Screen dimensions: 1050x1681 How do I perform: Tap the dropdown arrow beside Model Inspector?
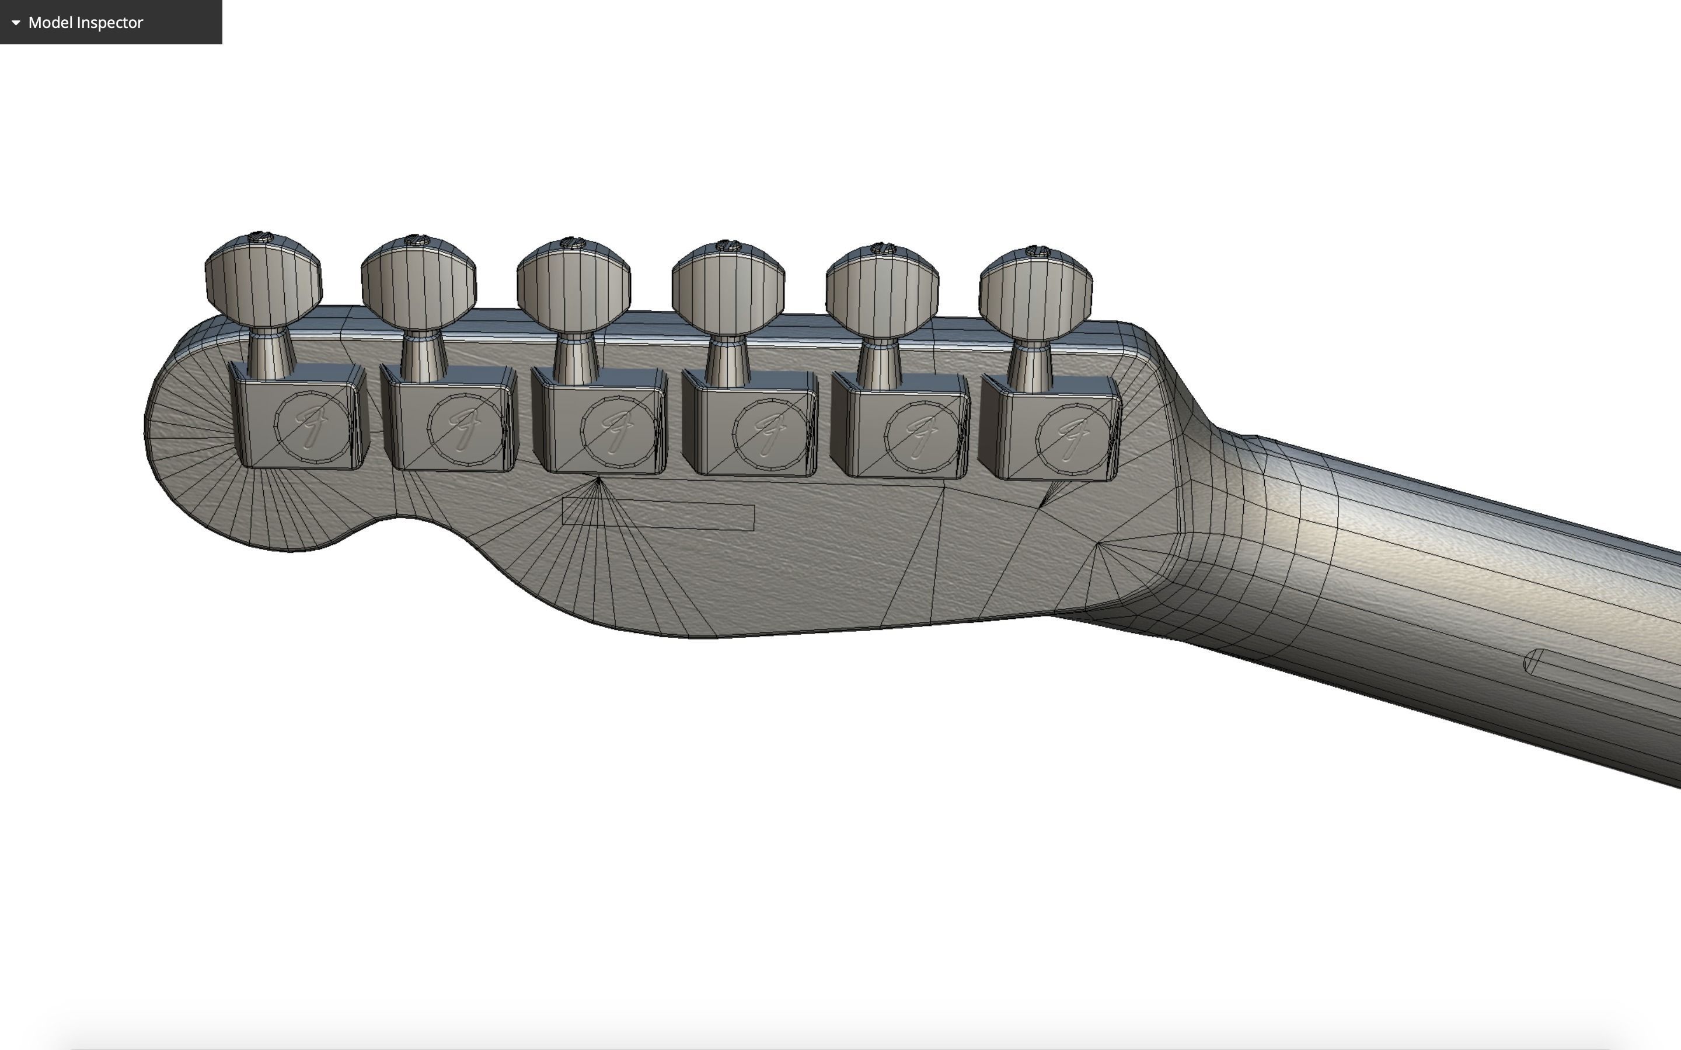[x=16, y=22]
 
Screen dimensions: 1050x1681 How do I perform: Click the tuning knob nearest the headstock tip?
[x=263, y=281]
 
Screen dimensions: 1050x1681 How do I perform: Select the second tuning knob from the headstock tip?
[x=418, y=283]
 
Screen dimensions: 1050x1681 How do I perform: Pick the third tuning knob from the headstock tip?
[x=574, y=285]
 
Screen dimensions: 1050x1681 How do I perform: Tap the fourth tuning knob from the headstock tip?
[x=728, y=288]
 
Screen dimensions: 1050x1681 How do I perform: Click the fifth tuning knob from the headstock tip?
[x=882, y=289]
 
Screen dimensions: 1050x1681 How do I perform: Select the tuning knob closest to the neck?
[x=1035, y=292]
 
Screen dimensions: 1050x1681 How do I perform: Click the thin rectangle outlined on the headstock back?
[x=658, y=514]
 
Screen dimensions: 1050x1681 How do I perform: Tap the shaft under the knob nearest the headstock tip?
[x=270, y=354]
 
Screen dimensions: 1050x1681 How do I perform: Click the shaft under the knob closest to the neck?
[x=1030, y=365]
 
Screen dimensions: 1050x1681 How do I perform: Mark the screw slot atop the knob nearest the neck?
[x=1037, y=250]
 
